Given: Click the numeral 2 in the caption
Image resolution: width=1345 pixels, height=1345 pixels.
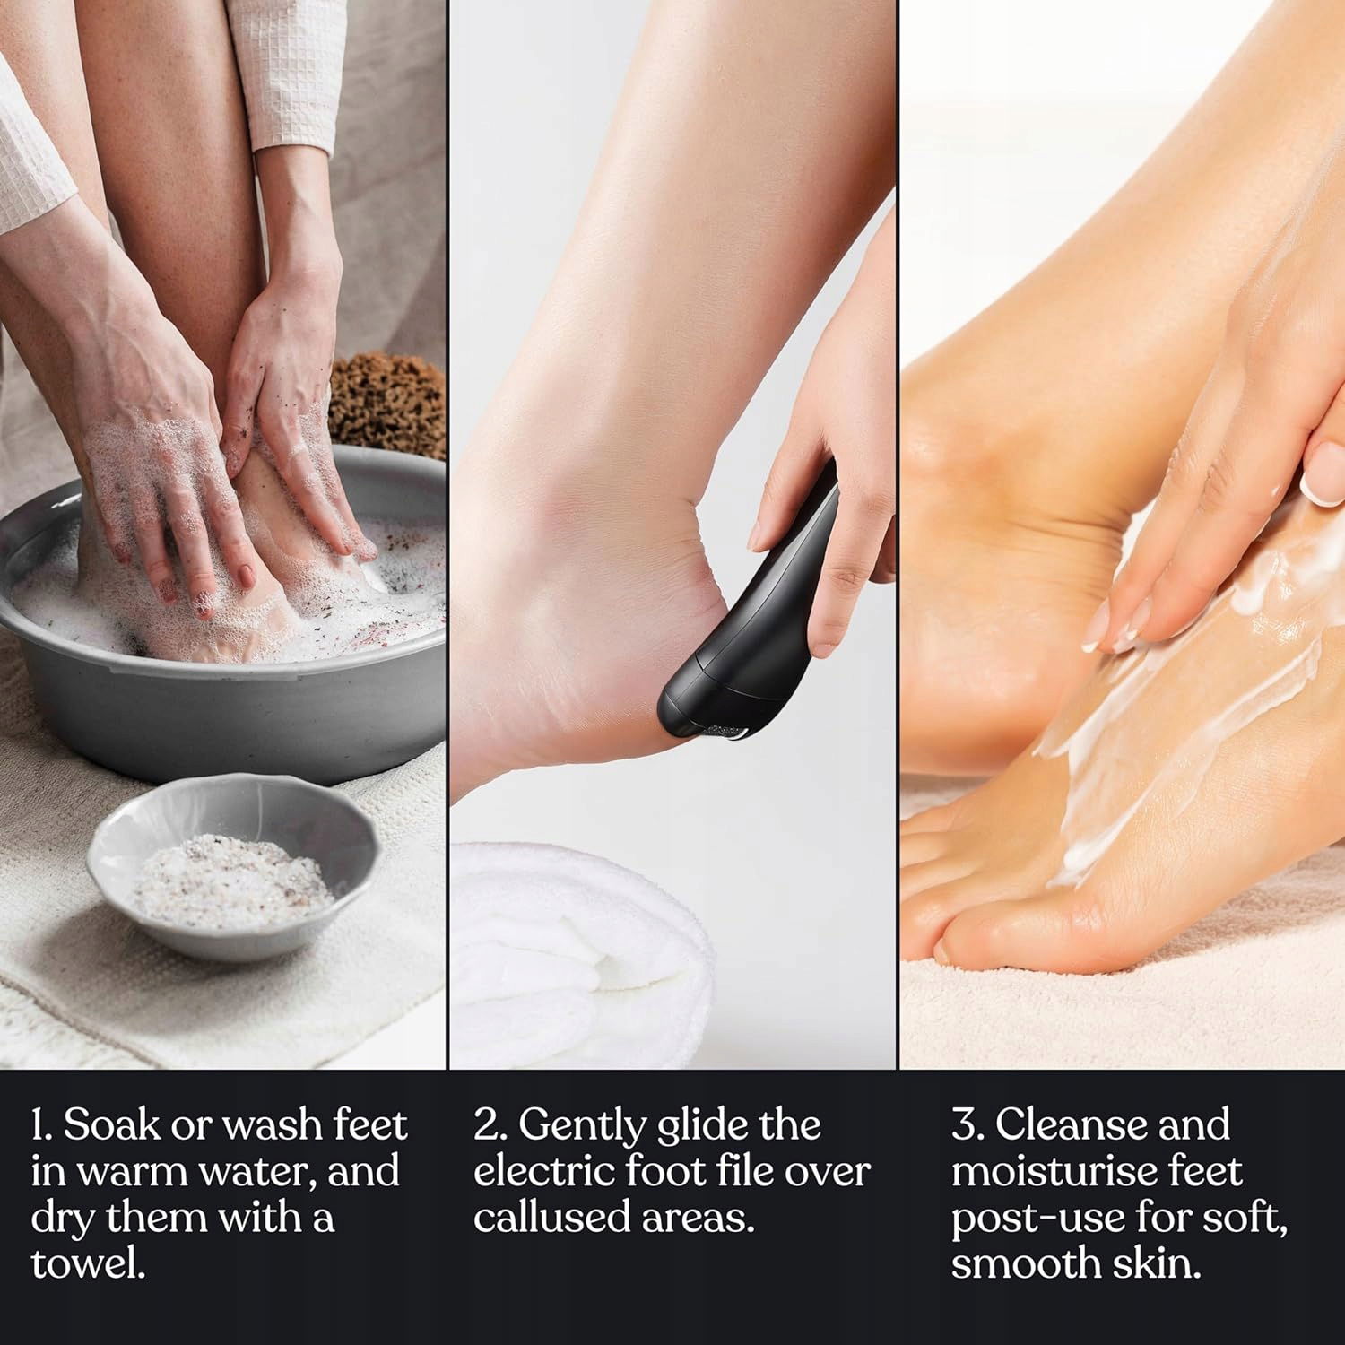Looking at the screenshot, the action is pyautogui.click(x=485, y=1125).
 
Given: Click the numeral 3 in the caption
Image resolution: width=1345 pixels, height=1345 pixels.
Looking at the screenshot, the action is pyautogui.click(x=965, y=1125).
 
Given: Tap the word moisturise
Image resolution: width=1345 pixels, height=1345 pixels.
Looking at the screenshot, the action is pyautogui.click(x=1050, y=1171).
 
